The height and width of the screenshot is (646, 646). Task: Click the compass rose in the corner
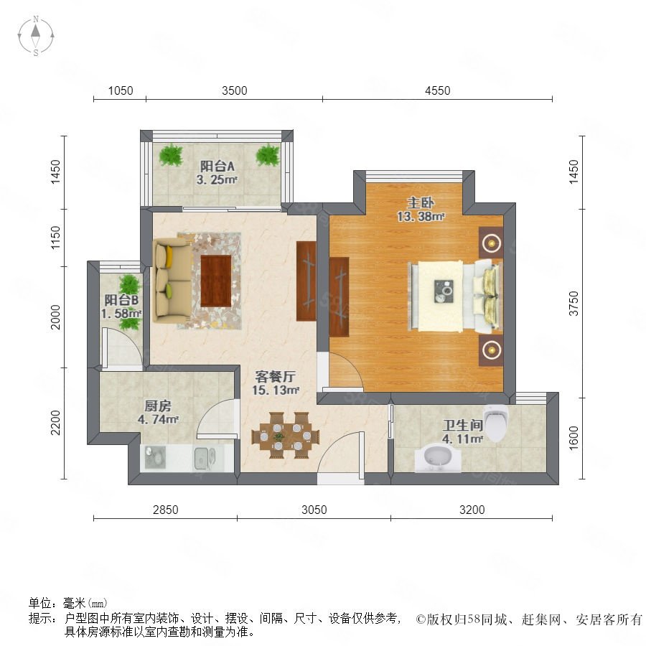36,36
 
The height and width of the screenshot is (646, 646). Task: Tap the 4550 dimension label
438,90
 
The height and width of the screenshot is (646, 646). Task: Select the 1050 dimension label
121,90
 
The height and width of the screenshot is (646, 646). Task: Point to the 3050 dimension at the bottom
314,510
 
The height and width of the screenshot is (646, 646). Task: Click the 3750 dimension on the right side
574,304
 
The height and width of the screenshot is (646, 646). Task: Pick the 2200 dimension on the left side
55,423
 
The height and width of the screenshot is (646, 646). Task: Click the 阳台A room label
217,166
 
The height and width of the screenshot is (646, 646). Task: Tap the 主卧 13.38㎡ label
421,210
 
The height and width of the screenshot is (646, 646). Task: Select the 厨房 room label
158,406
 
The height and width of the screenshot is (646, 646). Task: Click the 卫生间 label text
462,426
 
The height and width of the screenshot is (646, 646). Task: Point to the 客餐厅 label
275,376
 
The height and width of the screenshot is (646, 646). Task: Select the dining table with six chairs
286,435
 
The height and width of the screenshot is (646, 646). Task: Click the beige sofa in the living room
172,281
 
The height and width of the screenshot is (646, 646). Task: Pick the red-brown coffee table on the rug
216,281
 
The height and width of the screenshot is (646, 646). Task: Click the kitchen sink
205,458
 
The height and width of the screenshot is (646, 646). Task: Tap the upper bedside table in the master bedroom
491,243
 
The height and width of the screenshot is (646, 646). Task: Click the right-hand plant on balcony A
268,155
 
